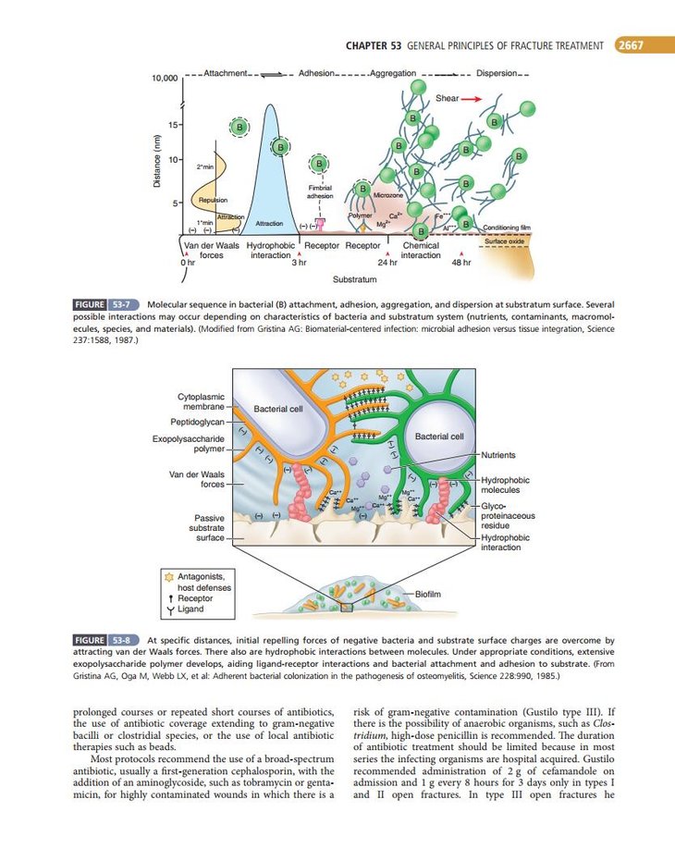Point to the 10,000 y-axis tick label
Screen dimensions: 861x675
[x=164, y=78]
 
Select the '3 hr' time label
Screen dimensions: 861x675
[x=299, y=263]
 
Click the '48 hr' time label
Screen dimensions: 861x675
[x=461, y=263]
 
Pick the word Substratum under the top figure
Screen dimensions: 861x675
[x=355, y=277]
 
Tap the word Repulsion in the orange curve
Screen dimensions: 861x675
[x=214, y=200]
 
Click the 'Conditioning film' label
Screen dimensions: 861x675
[x=507, y=228]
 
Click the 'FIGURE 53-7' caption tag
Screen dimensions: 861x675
[x=105, y=304]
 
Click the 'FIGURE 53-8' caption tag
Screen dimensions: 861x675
[x=105, y=639]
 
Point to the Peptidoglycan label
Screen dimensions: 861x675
[x=197, y=421]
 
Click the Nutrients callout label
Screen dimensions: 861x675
[x=498, y=455]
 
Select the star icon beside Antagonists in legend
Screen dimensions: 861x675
[x=168, y=576]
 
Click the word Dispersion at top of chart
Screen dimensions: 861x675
[x=497, y=73]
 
